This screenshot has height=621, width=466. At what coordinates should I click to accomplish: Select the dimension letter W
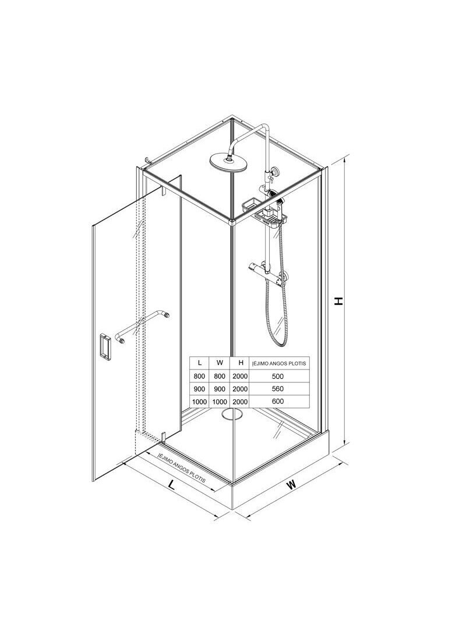292,484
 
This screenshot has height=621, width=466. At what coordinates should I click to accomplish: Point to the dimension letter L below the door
171,484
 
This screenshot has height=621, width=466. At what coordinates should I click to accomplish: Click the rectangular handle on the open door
105,347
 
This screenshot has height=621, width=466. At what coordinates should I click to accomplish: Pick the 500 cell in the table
278,376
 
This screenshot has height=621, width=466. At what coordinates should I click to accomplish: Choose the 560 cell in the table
278,389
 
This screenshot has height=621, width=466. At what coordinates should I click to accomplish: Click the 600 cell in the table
278,401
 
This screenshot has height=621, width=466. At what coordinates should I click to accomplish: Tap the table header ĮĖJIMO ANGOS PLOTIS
279,363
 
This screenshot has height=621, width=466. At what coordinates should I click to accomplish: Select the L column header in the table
200,363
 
